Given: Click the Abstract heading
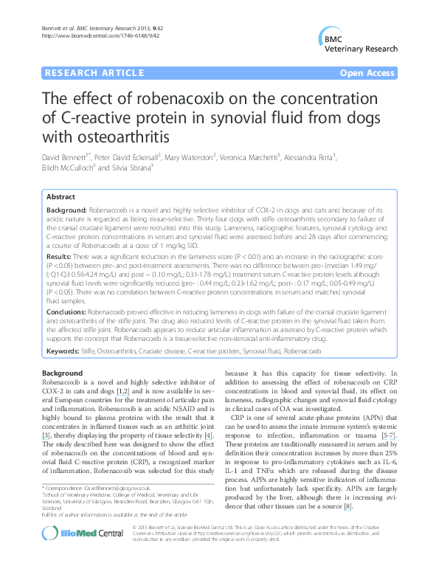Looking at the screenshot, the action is pos(61,199).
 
